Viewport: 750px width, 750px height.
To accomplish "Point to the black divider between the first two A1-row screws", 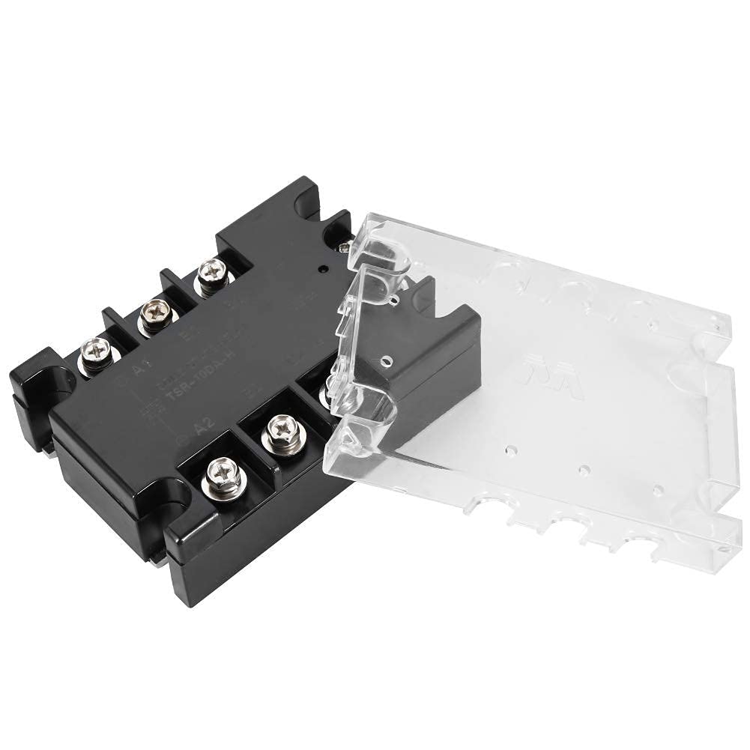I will [124, 330].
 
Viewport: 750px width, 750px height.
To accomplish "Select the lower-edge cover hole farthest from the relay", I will [659, 490].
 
